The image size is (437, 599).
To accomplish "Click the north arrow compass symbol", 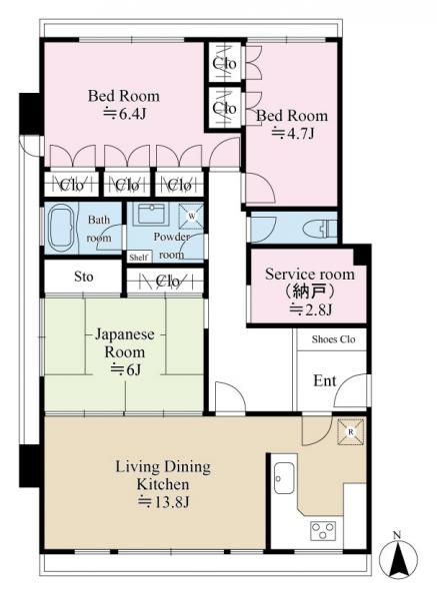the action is tap(398, 559).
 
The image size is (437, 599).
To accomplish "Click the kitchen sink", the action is tap(284, 478).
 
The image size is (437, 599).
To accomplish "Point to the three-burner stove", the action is tap(323, 531).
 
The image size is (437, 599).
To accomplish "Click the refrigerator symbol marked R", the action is tap(351, 432).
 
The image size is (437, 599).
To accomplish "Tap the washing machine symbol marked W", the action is tap(192, 217).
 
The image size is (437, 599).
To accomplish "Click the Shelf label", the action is tap(139, 258).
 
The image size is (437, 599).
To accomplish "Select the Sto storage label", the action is tap(83, 277).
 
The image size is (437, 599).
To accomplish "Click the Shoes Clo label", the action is tap(333, 339).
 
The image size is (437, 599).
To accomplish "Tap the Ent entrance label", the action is tap(324, 380).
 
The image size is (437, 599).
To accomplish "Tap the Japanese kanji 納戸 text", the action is tap(310, 292).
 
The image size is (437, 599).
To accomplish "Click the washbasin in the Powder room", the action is tap(152, 214).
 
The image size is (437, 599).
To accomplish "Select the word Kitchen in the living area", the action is tap(163, 484).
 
